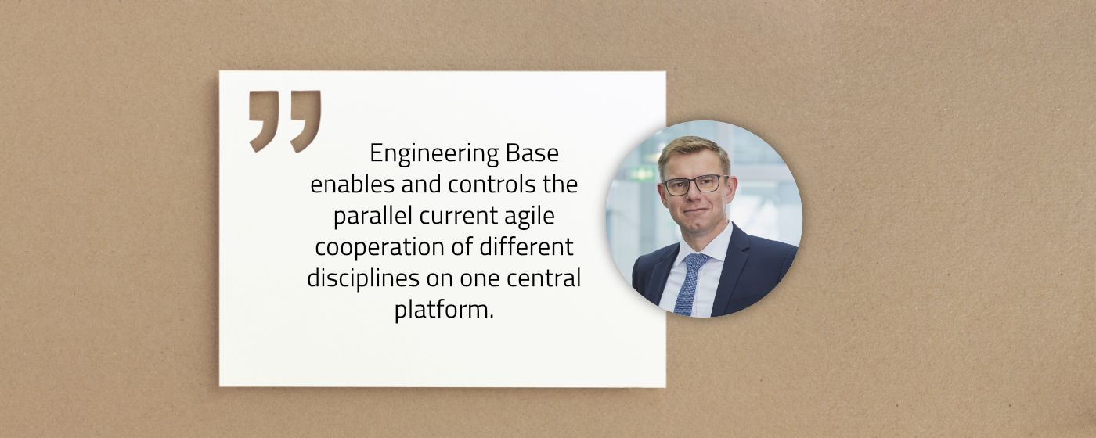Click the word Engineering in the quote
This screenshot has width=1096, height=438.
click(x=434, y=154)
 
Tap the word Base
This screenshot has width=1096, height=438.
click(x=532, y=153)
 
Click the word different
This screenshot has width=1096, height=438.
click(x=526, y=246)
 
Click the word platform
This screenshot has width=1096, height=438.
click(x=444, y=311)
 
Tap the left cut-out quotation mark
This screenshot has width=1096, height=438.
click(x=264, y=120)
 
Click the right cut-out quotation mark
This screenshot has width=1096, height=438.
click(x=306, y=120)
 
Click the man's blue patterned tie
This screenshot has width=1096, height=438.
click(x=690, y=283)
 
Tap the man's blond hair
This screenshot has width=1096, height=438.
click(x=693, y=150)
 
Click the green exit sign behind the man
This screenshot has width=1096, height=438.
click(x=641, y=174)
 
